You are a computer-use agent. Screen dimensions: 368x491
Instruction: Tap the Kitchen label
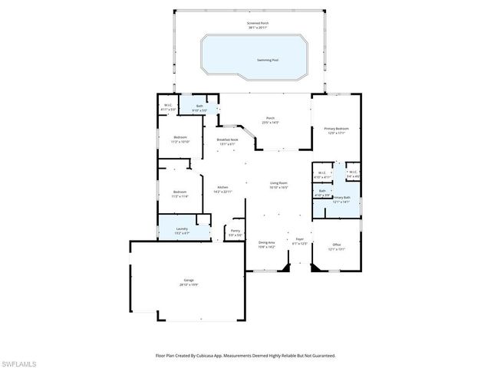click(x=222, y=189)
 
